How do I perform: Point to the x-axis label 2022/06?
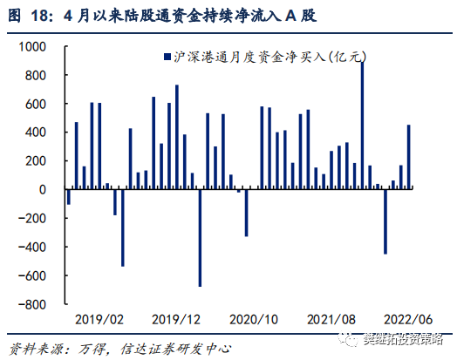coord(407,319)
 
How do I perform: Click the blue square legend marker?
coord(166,56)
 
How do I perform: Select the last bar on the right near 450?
coord(409,157)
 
